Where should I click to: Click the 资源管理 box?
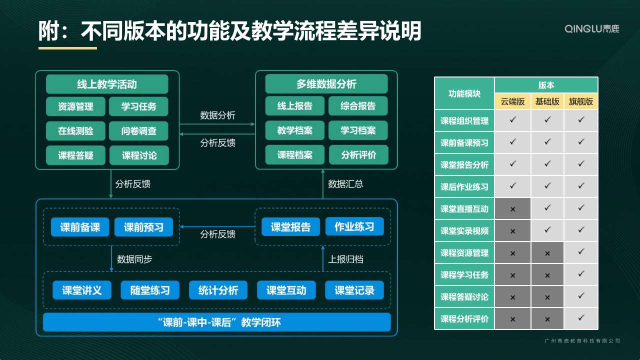pos(75,106)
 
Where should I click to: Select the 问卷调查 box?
pos(138,131)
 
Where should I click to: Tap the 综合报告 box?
pos(358,106)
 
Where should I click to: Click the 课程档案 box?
pos(295,155)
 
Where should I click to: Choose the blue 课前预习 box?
pos(143,227)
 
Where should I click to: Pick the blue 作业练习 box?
pos(354,226)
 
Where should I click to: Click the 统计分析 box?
pos(218,290)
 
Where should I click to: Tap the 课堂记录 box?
pos(354,290)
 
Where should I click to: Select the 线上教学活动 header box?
pos(107,84)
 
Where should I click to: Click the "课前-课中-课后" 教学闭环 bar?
pos(217,322)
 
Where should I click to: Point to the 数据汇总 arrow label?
pos(345,184)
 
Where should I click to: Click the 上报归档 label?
pos(345,259)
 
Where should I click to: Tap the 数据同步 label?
pos(134,259)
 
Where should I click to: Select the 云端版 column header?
pos(512,101)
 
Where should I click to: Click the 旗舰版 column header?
pos(581,101)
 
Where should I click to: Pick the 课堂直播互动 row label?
pos(464,209)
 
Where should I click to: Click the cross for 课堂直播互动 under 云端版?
pos(512,209)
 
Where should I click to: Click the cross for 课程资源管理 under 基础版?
pos(547,253)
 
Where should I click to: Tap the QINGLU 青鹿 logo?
pos(591,29)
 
